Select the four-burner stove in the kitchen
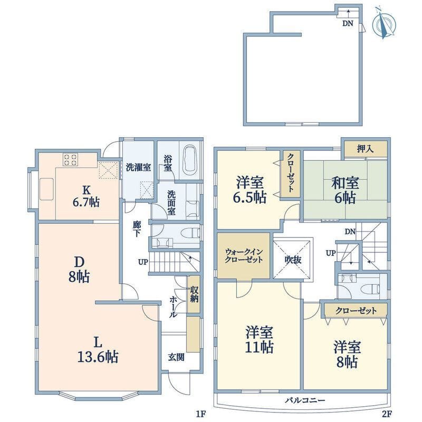tap(71, 159)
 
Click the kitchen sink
tap(46, 189)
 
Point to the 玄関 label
tap(176, 357)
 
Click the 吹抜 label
tap(293, 260)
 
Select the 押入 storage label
tap(365, 149)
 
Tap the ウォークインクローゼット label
tap(244, 256)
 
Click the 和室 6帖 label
tap(345, 190)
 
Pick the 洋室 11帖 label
tap(259, 339)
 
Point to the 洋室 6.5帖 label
tap(250, 189)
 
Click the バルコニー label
tap(305, 400)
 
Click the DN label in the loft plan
tap(348, 23)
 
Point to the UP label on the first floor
tap(143, 262)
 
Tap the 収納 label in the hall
tap(194, 294)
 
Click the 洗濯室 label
tap(138, 167)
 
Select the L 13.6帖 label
tap(98, 350)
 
